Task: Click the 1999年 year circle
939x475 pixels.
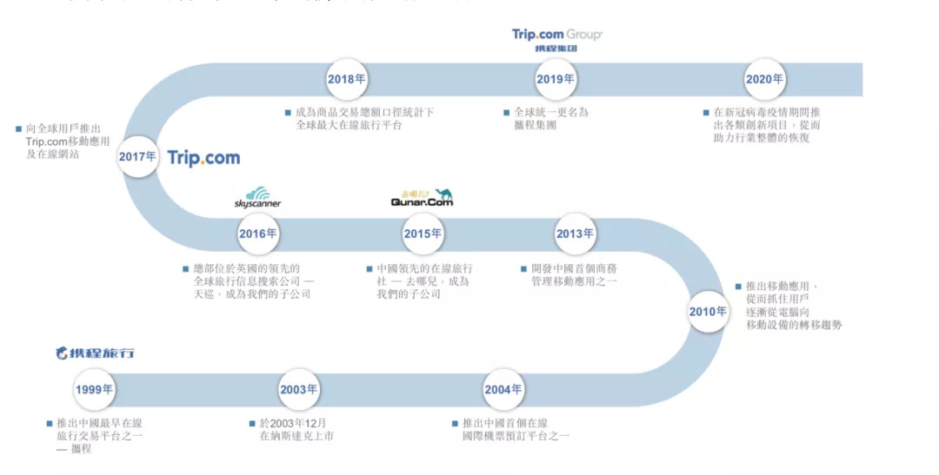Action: pyautogui.click(x=94, y=389)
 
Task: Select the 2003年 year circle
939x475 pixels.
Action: pyautogui.click(x=298, y=389)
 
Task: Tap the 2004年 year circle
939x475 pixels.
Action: pyautogui.click(x=503, y=389)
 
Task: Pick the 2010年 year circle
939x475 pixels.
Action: pyautogui.click(x=708, y=312)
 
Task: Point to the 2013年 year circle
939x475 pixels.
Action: pyautogui.click(x=575, y=234)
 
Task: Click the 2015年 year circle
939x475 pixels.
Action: pyautogui.click(x=423, y=234)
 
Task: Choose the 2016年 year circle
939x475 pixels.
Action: pyautogui.click(x=258, y=234)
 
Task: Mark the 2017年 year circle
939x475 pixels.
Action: pyautogui.click(x=138, y=157)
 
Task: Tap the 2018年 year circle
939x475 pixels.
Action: pyautogui.click(x=346, y=79)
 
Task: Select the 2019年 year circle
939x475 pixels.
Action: pyautogui.click(x=556, y=79)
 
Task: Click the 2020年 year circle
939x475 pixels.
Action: pyautogui.click(x=764, y=79)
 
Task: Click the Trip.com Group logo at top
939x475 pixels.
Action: pyautogui.click(x=556, y=39)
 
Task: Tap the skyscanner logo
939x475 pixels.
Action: pyautogui.click(x=258, y=198)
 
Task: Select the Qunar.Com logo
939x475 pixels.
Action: pyautogui.click(x=422, y=199)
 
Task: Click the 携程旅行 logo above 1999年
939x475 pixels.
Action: pyautogui.click(x=95, y=353)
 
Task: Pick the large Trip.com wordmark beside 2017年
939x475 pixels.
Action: pyautogui.click(x=203, y=158)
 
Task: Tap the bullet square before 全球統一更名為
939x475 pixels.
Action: pyautogui.click(x=506, y=112)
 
